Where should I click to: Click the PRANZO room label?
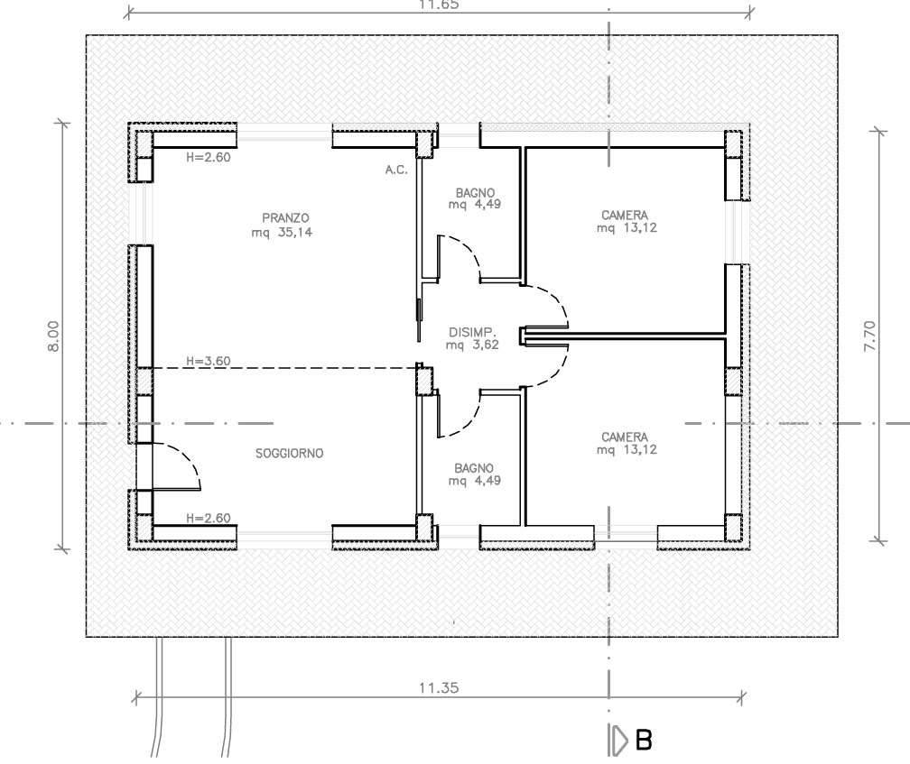(x=285, y=218)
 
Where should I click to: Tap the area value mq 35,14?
(x=282, y=233)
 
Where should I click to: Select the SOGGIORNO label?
(x=289, y=454)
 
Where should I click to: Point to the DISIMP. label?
(x=472, y=333)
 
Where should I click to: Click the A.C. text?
(x=396, y=170)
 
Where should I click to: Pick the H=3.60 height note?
(x=209, y=361)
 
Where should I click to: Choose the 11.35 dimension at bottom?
(x=439, y=688)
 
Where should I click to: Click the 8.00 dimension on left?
(x=52, y=336)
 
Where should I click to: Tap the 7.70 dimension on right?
(x=869, y=336)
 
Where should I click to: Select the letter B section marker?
(x=644, y=741)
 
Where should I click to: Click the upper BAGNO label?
(x=475, y=192)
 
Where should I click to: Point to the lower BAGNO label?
(x=474, y=468)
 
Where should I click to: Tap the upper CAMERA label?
(x=625, y=215)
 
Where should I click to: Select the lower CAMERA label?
(x=625, y=437)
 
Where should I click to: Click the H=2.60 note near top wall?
(x=209, y=157)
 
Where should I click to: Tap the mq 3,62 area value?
(x=472, y=345)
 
